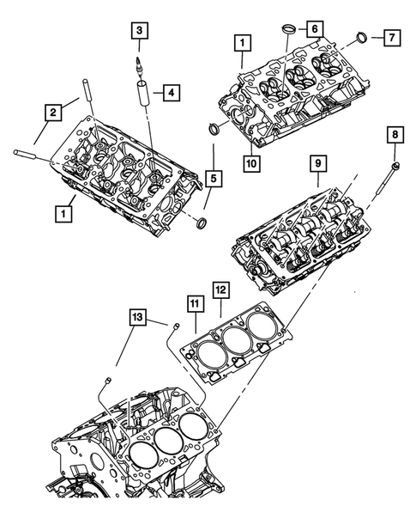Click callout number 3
[x=137, y=32]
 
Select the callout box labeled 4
[x=172, y=91]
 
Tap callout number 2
[x=53, y=111]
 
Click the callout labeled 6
[x=315, y=30]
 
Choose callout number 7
[x=391, y=39]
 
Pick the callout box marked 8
[x=394, y=136]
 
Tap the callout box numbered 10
[x=252, y=162]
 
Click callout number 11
[x=194, y=305]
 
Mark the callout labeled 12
[x=220, y=292]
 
